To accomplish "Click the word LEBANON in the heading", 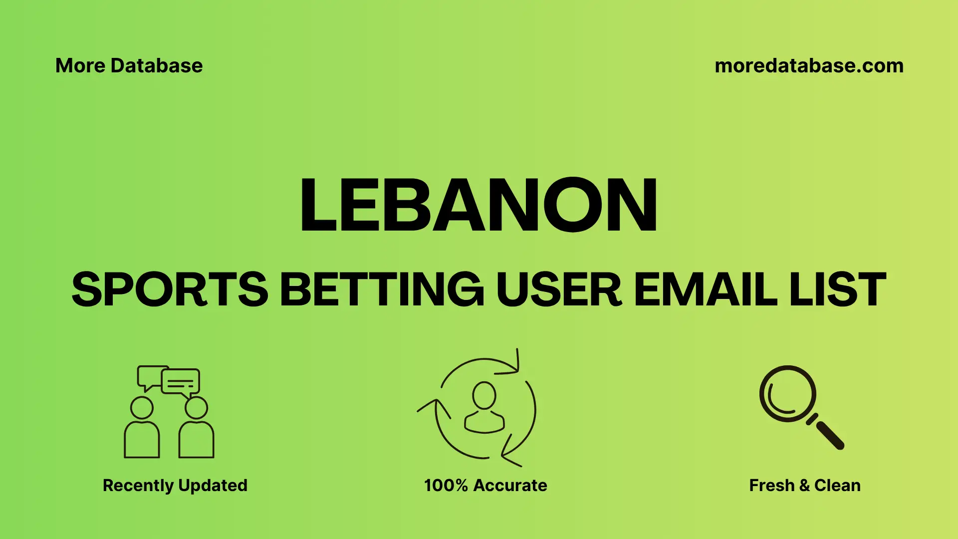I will pyautogui.click(x=478, y=205).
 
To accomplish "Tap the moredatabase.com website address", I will pyautogui.click(x=809, y=66).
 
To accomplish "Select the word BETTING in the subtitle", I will pyautogui.click(x=382, y=289).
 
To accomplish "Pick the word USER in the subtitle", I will pyautogui.click(x=559, y=289).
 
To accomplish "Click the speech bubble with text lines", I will pyautogui.click(x=181, y=382).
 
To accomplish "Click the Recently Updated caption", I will pyautogui.click(x=175, y=485).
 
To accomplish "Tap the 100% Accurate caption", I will pyautogui.click(x=485, y=485).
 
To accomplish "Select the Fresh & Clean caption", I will pyautogui.click(x=804, y=485).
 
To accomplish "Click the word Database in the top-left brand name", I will pyautogui.click(x=157, y=66).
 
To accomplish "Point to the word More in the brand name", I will pyautogui.click(x=80, y=66).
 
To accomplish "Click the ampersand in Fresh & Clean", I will pyautogui.click(x=804, y=486).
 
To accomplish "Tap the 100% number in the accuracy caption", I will pyautogui.click(x=446, y=485).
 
